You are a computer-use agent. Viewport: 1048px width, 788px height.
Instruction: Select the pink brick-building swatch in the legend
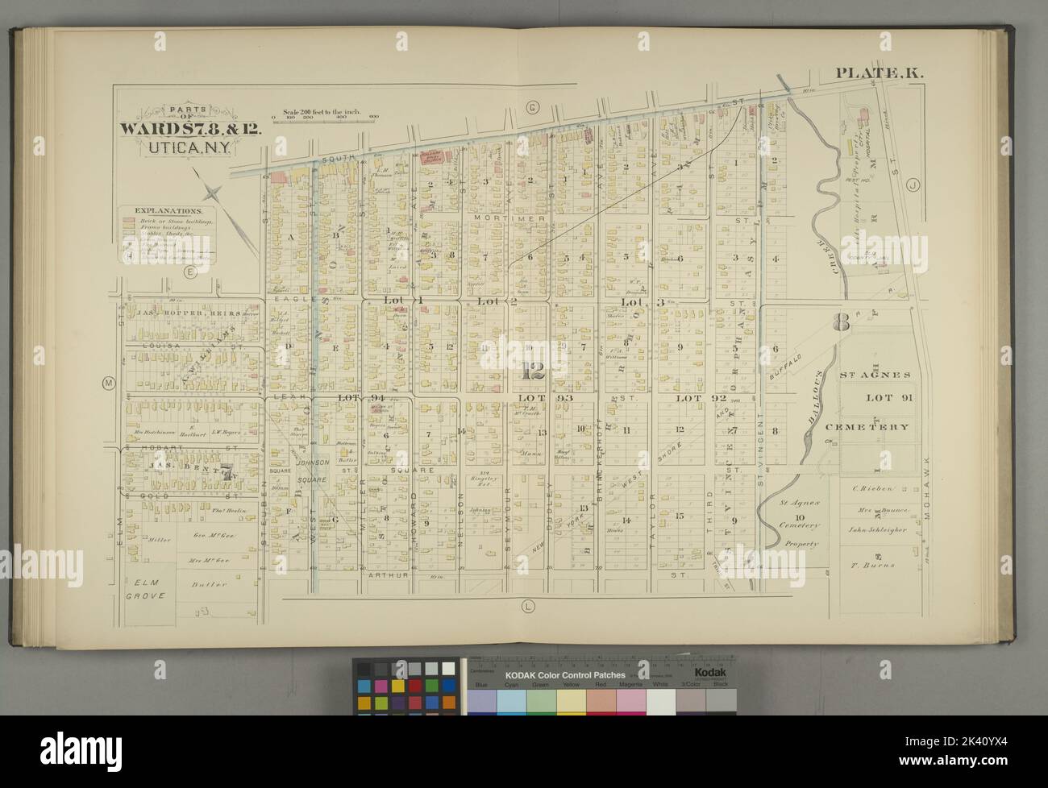pos(128,220)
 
